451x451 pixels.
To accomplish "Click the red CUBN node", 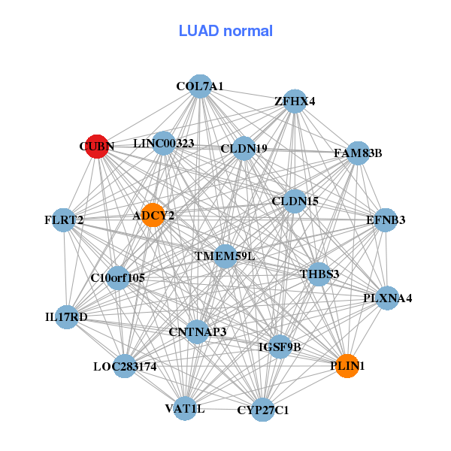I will pos(95,147).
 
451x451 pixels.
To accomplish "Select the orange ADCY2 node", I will pos(153,215).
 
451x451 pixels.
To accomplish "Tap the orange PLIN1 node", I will pos(347,366).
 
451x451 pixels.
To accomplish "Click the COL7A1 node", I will pos(199,86).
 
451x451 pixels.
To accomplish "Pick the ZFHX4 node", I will pos(295,101).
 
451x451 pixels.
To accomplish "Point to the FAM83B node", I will pos(358,153).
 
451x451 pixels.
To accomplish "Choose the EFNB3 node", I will pos(386,220).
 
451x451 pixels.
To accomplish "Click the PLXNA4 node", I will pos(387,298).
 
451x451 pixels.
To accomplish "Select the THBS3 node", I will pos(319,274).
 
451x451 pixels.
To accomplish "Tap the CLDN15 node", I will pos(295,201).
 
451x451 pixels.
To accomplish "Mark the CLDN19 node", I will pos(244,148).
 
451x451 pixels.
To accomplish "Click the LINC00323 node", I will pos(164,143).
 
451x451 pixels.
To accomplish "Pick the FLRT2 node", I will pos(64,220).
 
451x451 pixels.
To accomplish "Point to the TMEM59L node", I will pos(225,256).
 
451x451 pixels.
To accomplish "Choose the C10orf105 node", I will pos(117,278).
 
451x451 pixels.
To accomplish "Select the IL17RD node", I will pos(66,317).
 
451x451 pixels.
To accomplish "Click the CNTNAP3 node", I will pos(197,331).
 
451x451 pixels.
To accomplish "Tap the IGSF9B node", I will pos(280,347).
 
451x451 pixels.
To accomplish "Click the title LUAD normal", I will pos(225,31).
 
